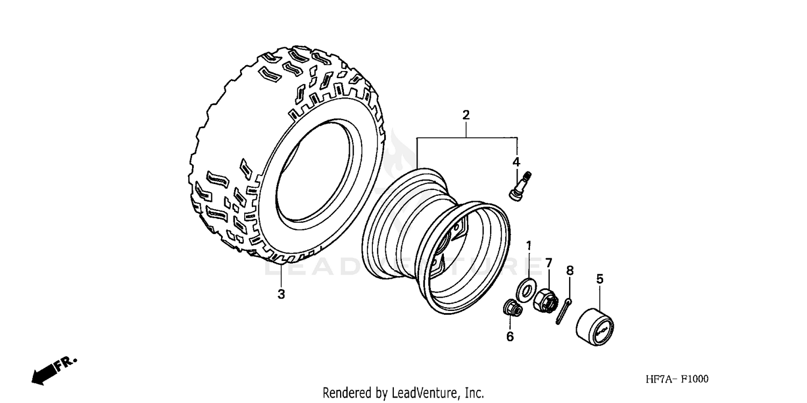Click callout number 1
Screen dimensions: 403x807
pyautogui.click(x=528, y=246)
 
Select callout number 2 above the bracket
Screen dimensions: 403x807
pyautogui.click(x=466, y=115)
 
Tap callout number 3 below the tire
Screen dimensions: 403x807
pyautogui.click(x=281, y=294)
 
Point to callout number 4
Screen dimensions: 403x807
pyautogui.click(x=516, y=161)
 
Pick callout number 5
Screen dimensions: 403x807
pyautogui.click(x=599, y=279)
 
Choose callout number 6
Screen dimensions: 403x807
pyautogui.click(x=509, y=337)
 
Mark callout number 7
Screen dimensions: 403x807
pyautogui.click(x=548, y=263)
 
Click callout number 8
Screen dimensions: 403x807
pyautogui.click(x=570, y=271)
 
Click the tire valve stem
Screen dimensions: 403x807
pyautogui.click(x=519, y=186)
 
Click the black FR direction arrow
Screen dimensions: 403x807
pyautogui.click(x=44, y=372)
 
